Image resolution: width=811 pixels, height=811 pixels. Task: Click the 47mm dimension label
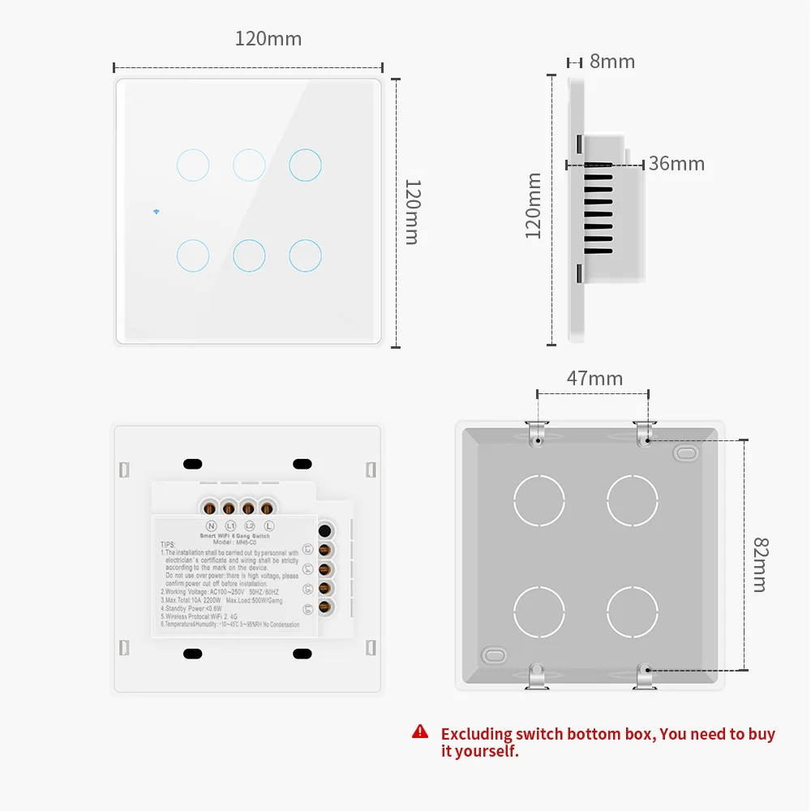tap(594, 379)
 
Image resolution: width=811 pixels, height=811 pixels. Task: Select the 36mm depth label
tap(676, 164)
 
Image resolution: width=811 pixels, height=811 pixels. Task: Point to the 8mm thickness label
tap(612, 62)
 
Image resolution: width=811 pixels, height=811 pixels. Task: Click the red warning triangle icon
tap(420, 732)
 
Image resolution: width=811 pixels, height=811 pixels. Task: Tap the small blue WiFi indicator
tap(154, 213)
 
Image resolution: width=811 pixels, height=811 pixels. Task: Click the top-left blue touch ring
tap(192, 165)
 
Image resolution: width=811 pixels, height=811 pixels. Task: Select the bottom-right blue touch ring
tap(305, 255)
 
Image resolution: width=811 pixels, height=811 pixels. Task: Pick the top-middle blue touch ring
tap(249, 165)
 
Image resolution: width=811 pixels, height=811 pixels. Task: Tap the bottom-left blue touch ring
tap(192, 255)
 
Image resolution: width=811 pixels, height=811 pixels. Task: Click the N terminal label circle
tap(212, 526)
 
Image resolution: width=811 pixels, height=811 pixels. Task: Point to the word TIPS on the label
tap(168, 545)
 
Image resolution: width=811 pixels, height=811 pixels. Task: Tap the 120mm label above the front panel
tap(268, 39)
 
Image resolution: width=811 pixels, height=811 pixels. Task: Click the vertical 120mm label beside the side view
tap(533, 205)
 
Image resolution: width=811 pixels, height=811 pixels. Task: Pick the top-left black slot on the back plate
tap(192, 464)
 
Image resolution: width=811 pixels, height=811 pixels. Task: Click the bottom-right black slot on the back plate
tap(302, 653)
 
